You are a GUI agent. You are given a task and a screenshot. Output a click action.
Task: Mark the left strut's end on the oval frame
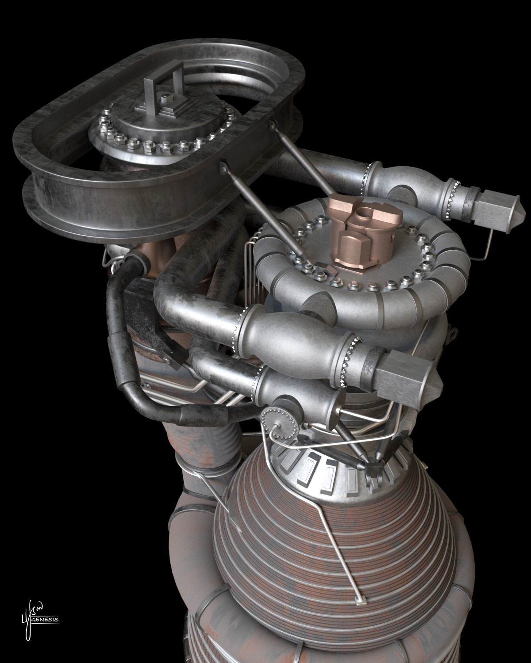[x=224, y=165]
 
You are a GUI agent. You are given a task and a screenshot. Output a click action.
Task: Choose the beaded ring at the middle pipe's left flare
[x=241, y=328]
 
